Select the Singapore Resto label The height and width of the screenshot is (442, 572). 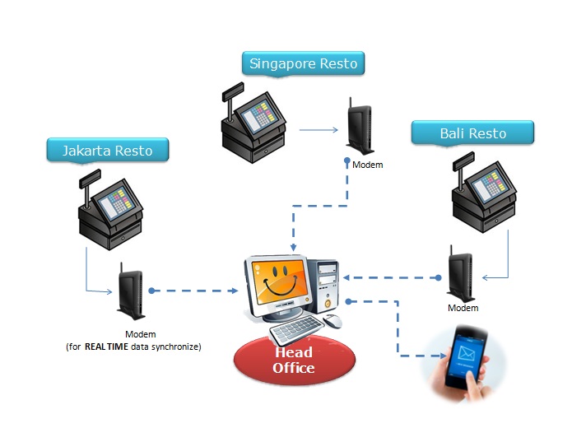click(304, 63)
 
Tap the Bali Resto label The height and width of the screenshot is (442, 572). click(472, 133)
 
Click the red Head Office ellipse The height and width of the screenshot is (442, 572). click(293, 360)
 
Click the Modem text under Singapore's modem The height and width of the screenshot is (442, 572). click(367, 165)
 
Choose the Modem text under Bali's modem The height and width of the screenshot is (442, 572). click(463, 308)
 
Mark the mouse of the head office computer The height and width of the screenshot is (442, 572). click(333, 321)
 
